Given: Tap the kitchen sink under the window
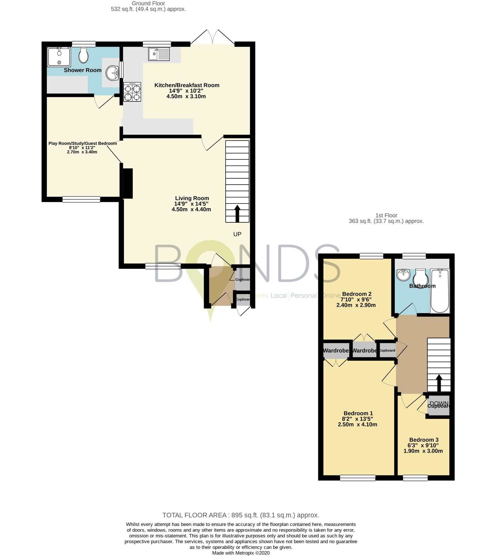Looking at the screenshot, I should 159,54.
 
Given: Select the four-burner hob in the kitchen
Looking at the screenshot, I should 132,92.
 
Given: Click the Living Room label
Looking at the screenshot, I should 192,198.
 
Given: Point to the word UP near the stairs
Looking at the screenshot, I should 237,234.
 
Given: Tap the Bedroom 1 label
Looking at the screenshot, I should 358,413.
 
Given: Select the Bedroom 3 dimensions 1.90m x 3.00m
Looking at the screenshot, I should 423,451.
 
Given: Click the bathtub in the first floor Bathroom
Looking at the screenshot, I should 440,290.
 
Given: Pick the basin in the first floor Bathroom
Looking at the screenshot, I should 403,275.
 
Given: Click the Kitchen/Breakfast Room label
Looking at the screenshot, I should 187,85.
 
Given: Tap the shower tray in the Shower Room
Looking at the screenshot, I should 59,57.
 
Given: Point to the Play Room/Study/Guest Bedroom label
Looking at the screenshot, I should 82,143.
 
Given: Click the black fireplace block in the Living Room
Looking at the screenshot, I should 128,183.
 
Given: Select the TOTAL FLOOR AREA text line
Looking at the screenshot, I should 241,515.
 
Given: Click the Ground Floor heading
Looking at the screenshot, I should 148,3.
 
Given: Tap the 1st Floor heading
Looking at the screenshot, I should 386,215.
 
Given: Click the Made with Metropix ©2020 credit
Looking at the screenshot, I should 241,553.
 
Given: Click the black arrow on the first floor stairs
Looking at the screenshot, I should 439,383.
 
